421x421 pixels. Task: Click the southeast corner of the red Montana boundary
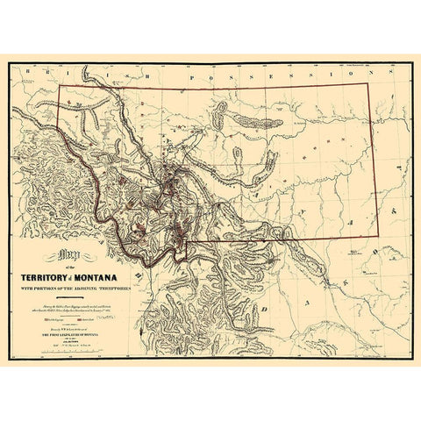click(378, 239)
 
